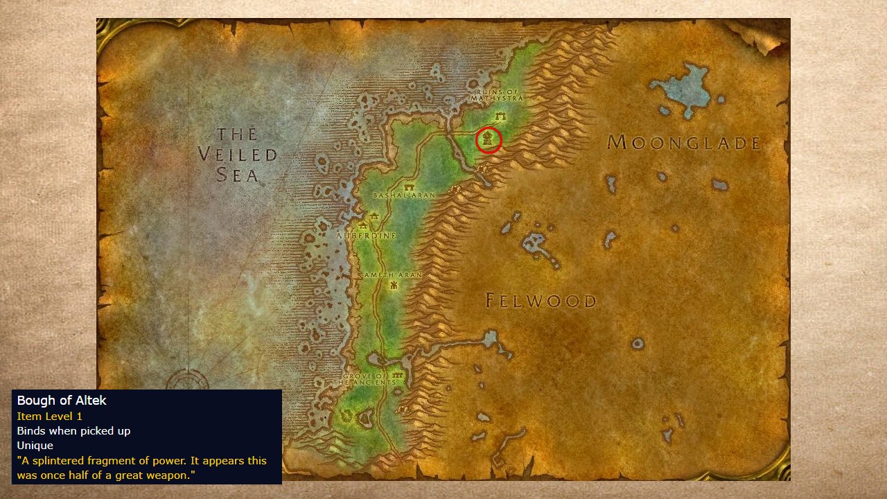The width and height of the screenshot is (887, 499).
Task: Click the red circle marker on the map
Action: click(489, 140)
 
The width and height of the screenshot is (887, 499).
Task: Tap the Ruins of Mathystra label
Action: click(497, 95)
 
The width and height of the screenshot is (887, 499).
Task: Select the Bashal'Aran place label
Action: click(404, 195)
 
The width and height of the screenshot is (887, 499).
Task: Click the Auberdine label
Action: click(366, 236)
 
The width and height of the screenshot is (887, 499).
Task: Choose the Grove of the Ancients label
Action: click(365, 379)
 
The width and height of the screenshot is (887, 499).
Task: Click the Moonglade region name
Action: click(684, 143)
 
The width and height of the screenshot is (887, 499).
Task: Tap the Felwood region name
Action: click(541, 301)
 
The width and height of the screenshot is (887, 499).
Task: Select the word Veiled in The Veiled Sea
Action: click(237, 155)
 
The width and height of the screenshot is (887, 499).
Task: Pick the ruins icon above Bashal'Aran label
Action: click(409, 187)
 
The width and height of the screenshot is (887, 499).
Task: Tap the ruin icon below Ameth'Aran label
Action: click(394, 285)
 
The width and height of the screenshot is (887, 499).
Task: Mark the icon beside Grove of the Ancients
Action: click(398, 375)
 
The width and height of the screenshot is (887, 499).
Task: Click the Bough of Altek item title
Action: click(62, 401)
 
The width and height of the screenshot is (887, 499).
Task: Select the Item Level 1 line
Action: click(50, 416)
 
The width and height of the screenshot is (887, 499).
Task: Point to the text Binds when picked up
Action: click(73, 430)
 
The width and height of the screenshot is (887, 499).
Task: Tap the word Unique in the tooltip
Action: click(35, 446)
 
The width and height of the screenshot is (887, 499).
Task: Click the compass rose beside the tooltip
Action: click(187, 380)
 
